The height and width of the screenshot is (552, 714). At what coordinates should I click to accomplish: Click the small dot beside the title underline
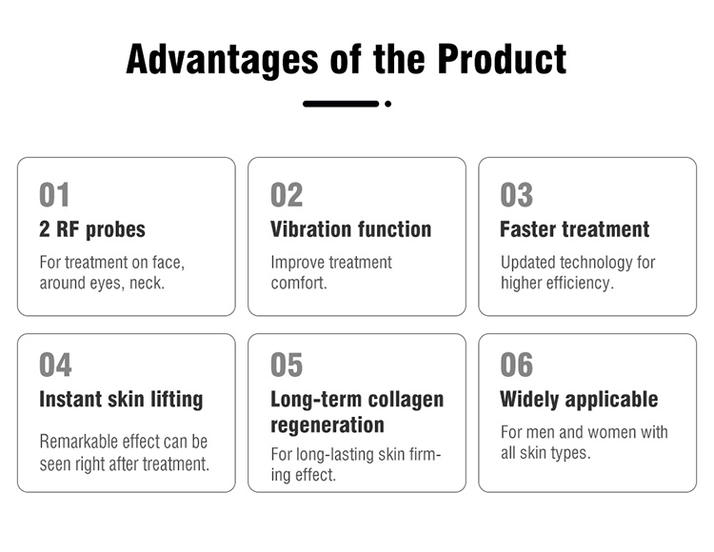388,104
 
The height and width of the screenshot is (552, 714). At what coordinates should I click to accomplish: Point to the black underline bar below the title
341,104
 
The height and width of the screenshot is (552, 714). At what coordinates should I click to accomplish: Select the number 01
54,195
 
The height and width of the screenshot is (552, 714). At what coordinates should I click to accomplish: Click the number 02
287,195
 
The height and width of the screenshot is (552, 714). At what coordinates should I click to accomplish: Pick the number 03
517,195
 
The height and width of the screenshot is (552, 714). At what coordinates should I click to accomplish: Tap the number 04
55,365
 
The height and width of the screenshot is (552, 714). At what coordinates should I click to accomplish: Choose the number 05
287,365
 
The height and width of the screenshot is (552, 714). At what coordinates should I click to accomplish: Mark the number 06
517,365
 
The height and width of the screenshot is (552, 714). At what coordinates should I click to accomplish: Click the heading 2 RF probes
92,229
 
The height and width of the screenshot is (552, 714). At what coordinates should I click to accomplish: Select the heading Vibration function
350,229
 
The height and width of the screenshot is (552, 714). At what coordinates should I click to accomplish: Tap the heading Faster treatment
574,229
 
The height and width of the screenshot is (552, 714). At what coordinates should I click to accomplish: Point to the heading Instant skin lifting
121,399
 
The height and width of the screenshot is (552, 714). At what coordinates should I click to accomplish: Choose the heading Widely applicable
579,399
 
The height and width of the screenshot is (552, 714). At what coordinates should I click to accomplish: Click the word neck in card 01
148,284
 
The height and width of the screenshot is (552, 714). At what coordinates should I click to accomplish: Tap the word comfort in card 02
296,284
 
